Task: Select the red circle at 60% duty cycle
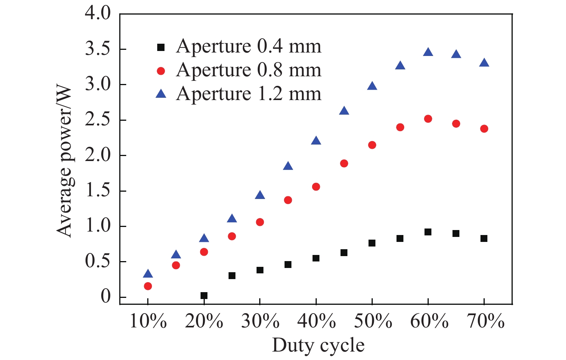point(428,119)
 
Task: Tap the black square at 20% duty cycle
point(204,296)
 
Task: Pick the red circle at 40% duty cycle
point(316,187)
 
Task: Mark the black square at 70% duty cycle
point(484,238)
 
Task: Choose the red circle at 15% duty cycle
point(176,265)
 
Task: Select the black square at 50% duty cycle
point(372,243)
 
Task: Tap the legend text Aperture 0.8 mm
point(248,70)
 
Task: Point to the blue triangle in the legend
point(161,94)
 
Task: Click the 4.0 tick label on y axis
point(97,14)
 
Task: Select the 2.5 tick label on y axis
point(97,120)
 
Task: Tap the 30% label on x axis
point(260,321)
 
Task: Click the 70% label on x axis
point(485,321)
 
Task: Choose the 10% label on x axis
point(148,321)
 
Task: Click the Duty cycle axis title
point(318,345)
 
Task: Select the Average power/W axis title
point(64,161)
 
